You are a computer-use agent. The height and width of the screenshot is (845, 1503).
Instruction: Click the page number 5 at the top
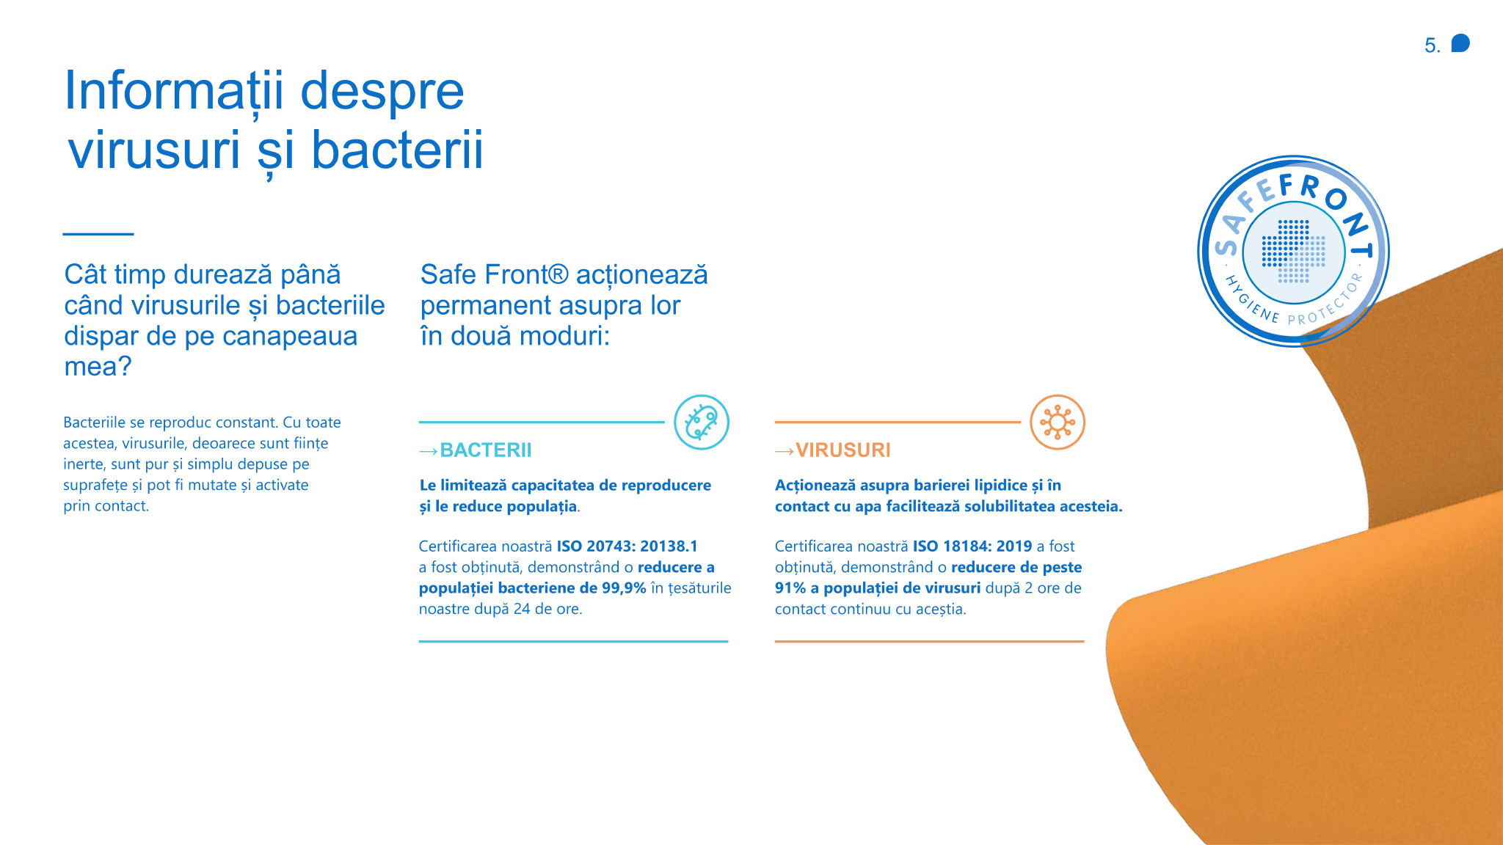1432,45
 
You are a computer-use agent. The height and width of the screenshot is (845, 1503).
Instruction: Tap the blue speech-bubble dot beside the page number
1460,43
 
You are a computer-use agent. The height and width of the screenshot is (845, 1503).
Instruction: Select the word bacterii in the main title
397,150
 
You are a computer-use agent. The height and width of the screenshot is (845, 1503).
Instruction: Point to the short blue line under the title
98,234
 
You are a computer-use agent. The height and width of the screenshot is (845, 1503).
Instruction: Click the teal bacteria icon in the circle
702,422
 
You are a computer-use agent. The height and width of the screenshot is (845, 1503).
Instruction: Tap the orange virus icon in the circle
1058,422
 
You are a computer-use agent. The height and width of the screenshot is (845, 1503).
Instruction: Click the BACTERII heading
486,450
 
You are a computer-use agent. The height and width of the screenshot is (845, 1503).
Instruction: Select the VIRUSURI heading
843,450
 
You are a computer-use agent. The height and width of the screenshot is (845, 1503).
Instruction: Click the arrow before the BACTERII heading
429,451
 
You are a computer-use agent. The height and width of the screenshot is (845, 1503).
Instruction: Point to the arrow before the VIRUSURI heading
785,451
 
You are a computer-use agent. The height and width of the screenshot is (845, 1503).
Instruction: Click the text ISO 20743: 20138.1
627,546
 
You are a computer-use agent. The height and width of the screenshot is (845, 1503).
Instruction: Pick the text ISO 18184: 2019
972,546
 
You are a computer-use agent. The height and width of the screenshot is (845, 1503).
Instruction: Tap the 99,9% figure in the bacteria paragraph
624,588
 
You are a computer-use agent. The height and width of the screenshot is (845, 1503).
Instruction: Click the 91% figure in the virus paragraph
790,588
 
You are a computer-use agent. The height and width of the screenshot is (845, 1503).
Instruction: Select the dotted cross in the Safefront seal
1294,252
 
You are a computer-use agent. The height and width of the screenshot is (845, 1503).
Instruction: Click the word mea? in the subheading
98,366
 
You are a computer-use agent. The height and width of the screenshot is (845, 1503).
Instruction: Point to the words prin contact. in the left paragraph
106,506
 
